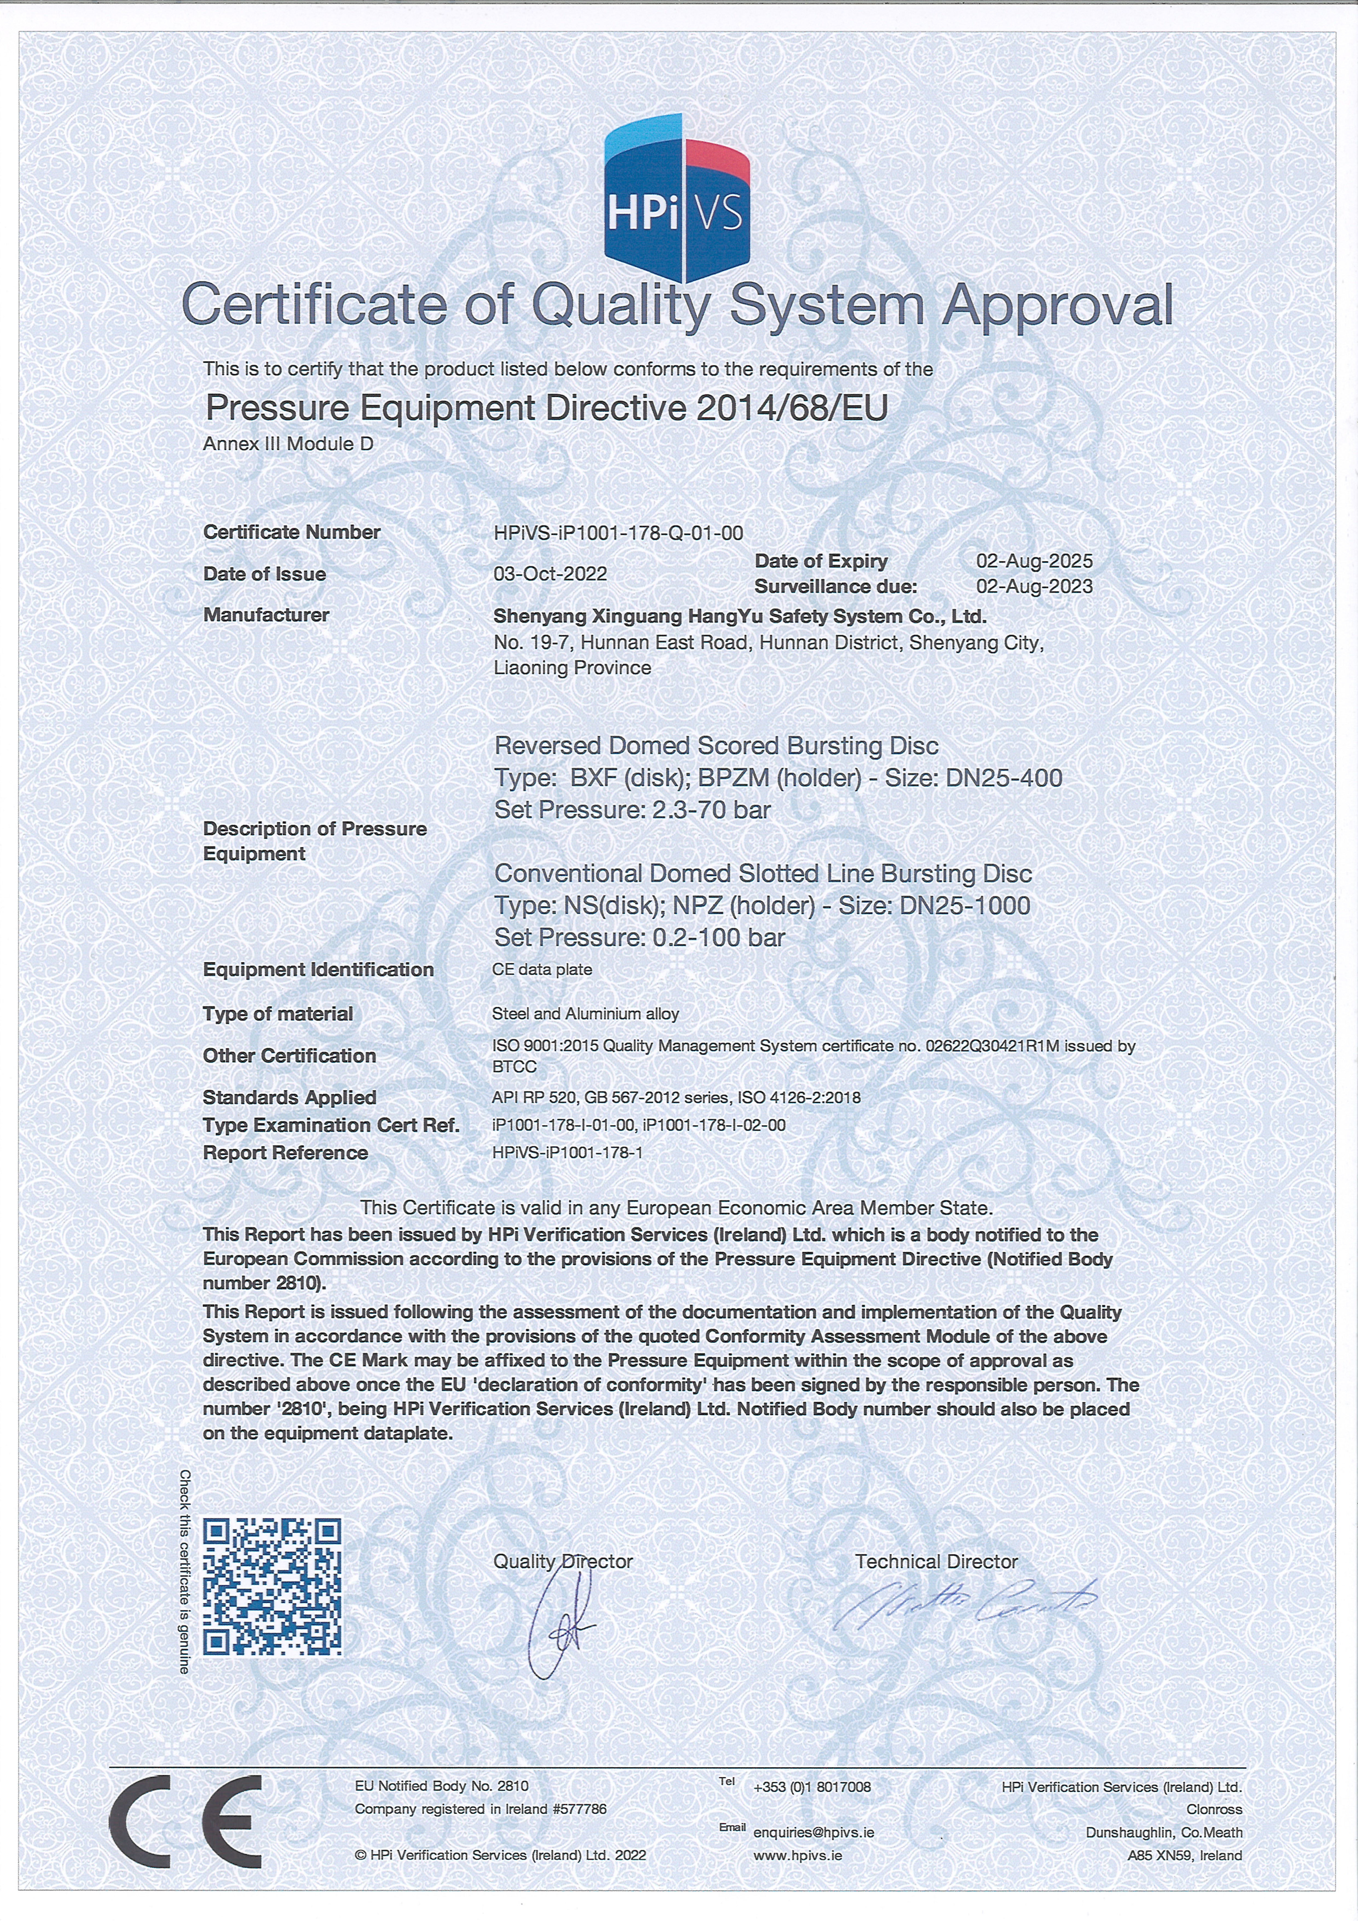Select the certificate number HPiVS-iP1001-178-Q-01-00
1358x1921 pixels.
coord(618,533)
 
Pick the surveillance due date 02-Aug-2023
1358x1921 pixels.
coord(1034,586)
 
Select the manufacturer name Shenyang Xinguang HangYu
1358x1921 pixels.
coord(740,617)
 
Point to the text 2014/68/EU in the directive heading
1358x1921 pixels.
coord(792,407)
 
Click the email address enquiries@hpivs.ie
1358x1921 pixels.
coord(813,1832)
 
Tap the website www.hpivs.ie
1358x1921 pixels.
coord(797,1855)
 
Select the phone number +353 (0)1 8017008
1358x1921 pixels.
coord(812,1787)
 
